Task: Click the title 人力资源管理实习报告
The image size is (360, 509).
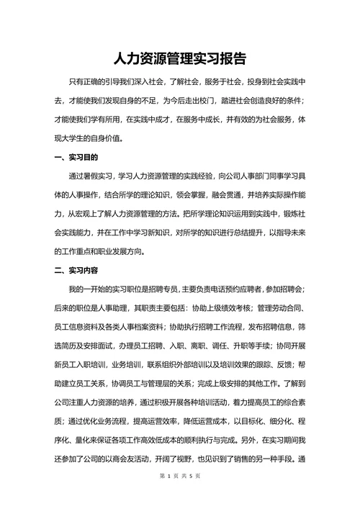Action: (x=180, y=58)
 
